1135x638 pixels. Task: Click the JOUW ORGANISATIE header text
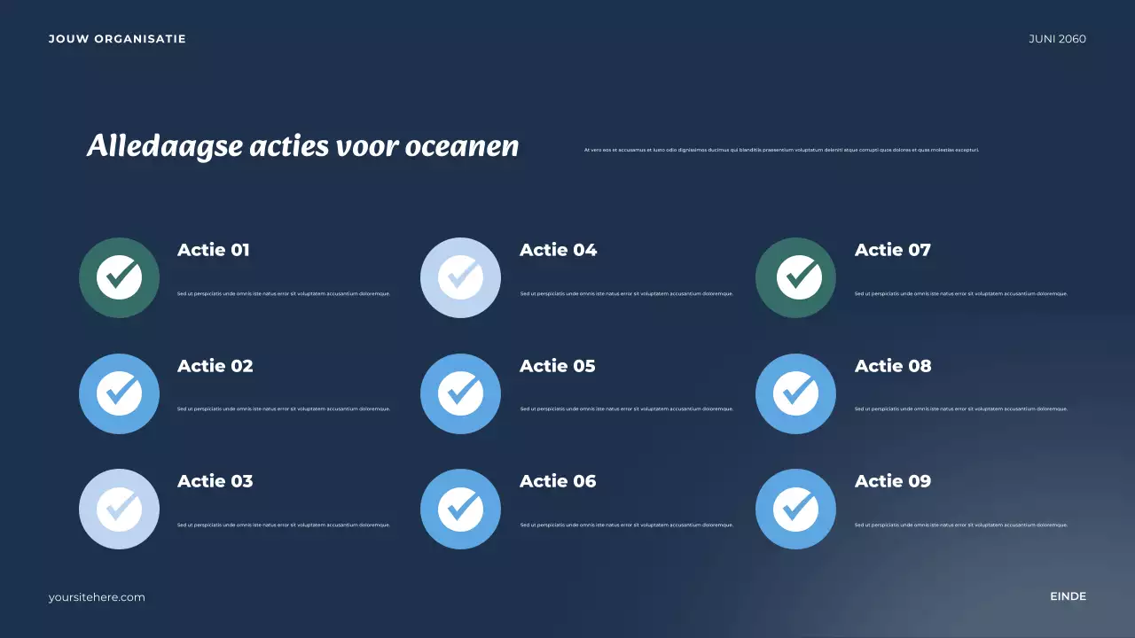(x=117, y=39)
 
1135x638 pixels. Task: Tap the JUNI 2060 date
(x=1057, y=39)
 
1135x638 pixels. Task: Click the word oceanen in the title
(x=462, y=146)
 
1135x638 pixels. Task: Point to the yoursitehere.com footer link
(x=97, y=597)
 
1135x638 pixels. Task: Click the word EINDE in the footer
(x=1068, y=596)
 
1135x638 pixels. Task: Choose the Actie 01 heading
(x=214, y=250)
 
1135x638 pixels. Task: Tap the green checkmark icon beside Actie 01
(x=119, y=277)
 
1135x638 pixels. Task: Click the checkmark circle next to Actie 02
(x=119, y=393)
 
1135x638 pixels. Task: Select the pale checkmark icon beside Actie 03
(x=119, y=509)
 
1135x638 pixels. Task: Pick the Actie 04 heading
(x=558, y=250)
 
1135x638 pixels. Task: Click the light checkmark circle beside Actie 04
(x=460, y=277)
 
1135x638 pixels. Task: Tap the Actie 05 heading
(x=557, y=366)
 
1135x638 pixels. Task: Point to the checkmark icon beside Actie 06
(x=460, y=509)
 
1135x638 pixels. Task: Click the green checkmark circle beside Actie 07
(x=795, y=277)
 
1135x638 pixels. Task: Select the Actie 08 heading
(x=893, y=366)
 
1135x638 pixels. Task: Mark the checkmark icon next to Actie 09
(x=795, y=509)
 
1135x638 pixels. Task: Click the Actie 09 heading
(x=893, y=481)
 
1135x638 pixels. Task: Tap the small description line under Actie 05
(x=627, y=409)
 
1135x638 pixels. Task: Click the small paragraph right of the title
(x=781, y=150)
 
